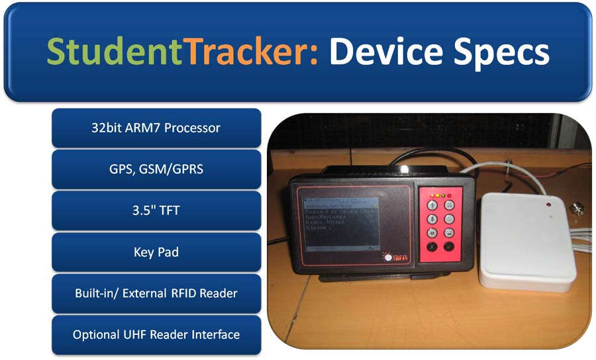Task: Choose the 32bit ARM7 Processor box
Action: coord(156,128)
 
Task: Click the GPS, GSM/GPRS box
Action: coord(156,169)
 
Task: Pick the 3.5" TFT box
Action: coord(156,210)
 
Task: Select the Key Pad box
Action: coord(156,251)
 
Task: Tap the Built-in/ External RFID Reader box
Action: coord(156,293)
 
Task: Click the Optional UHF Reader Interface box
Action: coord(156,334)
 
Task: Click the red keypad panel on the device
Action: coord(440,224)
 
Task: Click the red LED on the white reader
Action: coord(549,206)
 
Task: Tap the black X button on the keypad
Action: coord(431,247)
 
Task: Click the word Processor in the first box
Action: coord(192,128)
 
